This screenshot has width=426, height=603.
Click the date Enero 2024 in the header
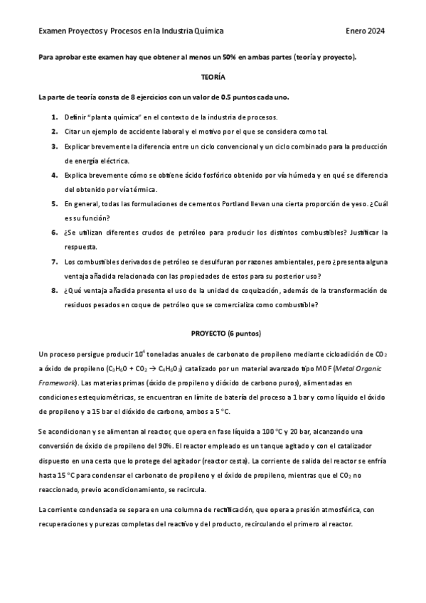(366, 31)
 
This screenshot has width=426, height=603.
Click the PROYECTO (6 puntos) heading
(226, 333)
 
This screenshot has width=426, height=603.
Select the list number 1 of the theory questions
(55, 116)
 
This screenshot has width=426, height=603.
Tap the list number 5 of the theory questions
(55, 203)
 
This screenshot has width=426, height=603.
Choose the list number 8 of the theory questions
(55, 290)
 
